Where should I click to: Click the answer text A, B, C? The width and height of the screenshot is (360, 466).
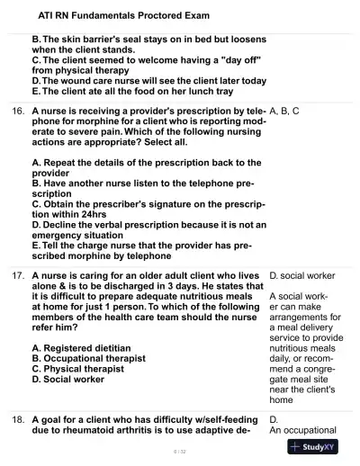[x=284, y=111]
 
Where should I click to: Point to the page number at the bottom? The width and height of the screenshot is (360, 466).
[x=180, y=450]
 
